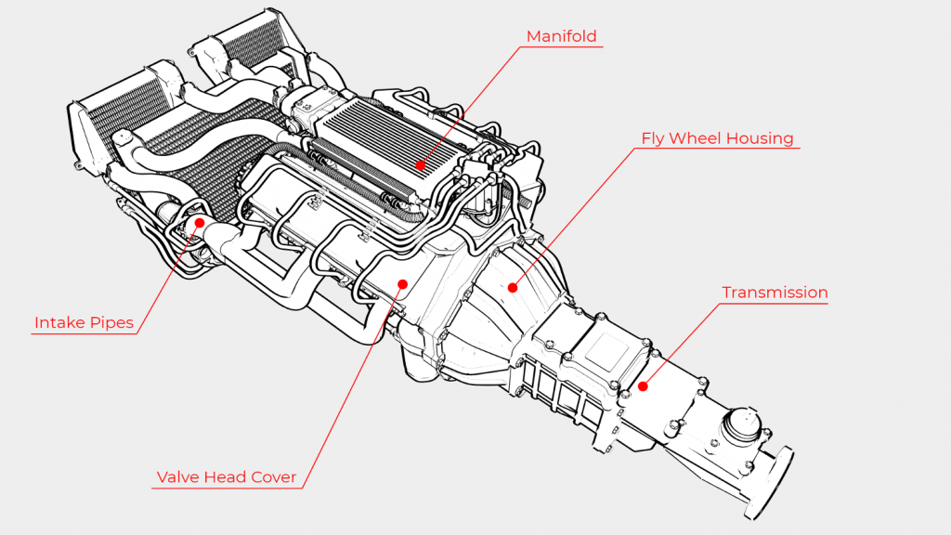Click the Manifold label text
[561, 37]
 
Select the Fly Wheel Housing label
[717, 138]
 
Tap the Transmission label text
[775, 293]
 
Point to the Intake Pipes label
[84, 323]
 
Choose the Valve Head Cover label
[226, 477]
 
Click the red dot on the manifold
[421, 164]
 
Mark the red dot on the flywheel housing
[512, 287]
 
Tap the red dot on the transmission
[643, 385]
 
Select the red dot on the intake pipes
[198, 223]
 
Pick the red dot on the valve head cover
[402, 283]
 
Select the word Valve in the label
[176, 477]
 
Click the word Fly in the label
[654, 138]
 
